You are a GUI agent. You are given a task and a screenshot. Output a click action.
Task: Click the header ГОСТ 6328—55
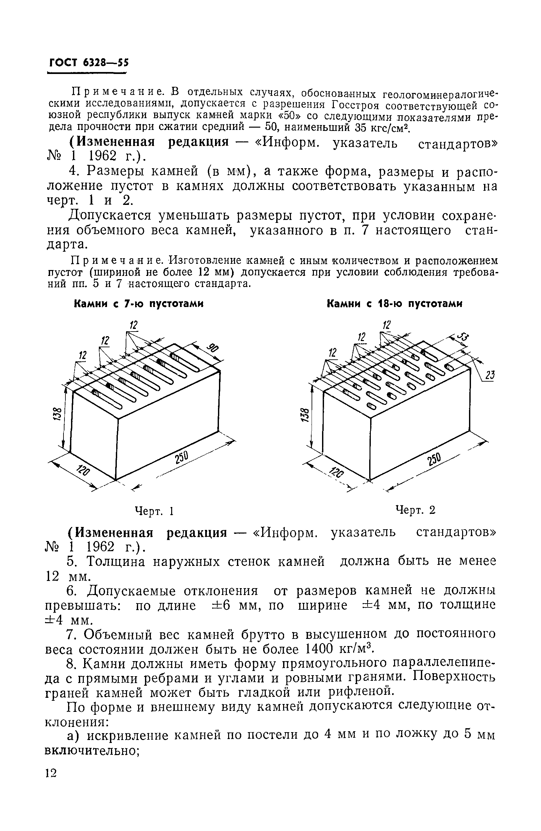coord(89,63)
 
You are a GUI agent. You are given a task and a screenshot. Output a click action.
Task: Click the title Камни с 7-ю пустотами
coord(139,304)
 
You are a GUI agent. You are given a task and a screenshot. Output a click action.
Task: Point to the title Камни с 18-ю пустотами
coord(394,304)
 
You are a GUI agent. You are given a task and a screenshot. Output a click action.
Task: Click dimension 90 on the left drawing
coord(211,348)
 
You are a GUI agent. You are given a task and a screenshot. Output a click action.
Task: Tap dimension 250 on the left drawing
coord(181,458)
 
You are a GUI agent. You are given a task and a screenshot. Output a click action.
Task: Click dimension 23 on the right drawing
coord(490,376)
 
